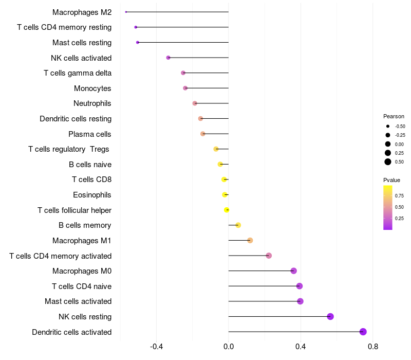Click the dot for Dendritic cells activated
[363, 332]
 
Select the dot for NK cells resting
[330, 316]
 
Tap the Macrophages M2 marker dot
[126, 12]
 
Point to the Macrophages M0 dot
[293, 271]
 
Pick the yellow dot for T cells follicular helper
[227, 210]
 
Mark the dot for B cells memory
[238, 225]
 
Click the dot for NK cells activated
[168, 58]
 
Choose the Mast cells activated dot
[300, 301]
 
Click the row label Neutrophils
[92, 103]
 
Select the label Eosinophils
[92, 195]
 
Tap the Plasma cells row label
[90, 134]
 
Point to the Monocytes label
[92, 88]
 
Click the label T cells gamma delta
[78, 73]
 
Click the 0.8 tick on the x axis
[373, 347]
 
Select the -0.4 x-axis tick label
[156, 347]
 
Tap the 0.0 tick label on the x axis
[229, 347]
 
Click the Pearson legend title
[394, 116]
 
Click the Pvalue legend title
[391, 180]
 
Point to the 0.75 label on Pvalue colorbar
[399, 196]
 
